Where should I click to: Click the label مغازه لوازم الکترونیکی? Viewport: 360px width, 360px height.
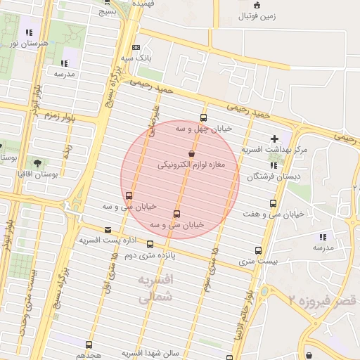[191, 165]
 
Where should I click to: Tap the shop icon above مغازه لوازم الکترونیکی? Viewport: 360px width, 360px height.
[192, 153]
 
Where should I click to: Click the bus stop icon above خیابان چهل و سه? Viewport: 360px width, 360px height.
[204, 117]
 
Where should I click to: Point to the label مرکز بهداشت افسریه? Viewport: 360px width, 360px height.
[275, 150]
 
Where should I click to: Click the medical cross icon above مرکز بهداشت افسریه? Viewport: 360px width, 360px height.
[274, 139]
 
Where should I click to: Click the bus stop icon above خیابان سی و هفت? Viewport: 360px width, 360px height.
[273, 203]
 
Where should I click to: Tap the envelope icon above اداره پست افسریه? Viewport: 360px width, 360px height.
[108, 229]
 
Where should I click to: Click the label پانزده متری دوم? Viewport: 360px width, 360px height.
[150, 255]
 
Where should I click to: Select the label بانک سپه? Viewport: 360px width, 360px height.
[136, 57]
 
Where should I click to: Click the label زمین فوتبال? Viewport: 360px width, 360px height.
[257, 15]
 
